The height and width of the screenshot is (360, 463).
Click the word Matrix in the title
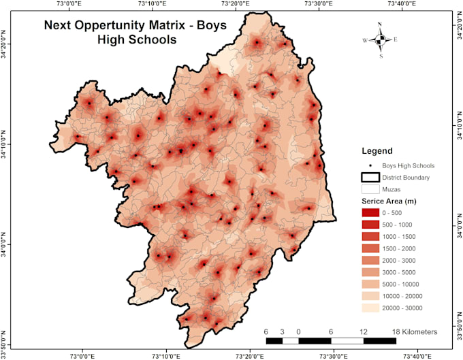pos(161,26)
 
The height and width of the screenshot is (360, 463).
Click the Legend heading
pos(377,150)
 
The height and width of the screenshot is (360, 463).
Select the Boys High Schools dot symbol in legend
pos(370,165)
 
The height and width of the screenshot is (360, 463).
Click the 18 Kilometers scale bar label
pos(414,331)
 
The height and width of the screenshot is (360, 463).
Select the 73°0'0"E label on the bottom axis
pos(81,355)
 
